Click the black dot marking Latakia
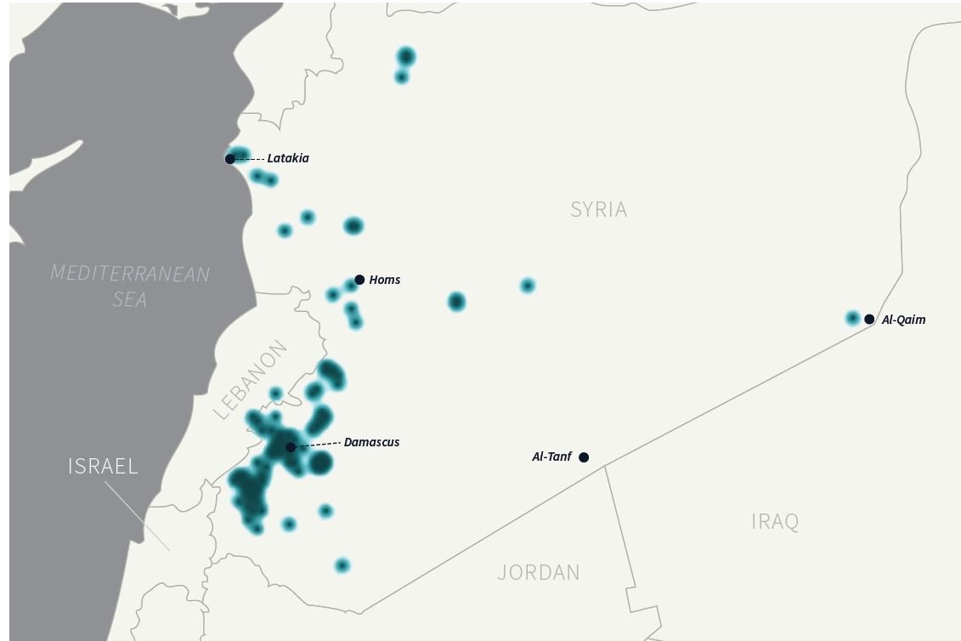tap(229, 159)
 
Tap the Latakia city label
tap(288, 158)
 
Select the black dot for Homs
tap(359, 280)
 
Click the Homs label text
tap(385, 280)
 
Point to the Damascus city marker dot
tap(291, 447)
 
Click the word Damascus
tap(371, 442)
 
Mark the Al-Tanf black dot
tap(584, 457)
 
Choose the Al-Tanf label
tap(551, 457)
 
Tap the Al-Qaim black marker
tap(869, 320)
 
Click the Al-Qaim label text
tap(904, 320)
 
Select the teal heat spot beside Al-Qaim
tap(853, 318)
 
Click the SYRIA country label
tap(599, 210)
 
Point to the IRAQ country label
tap(775, 521)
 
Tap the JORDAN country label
tap(539, 573)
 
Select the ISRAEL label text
tap(103, 466)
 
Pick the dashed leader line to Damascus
tap(318, 445)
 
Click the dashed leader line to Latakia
tap(249, 159)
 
